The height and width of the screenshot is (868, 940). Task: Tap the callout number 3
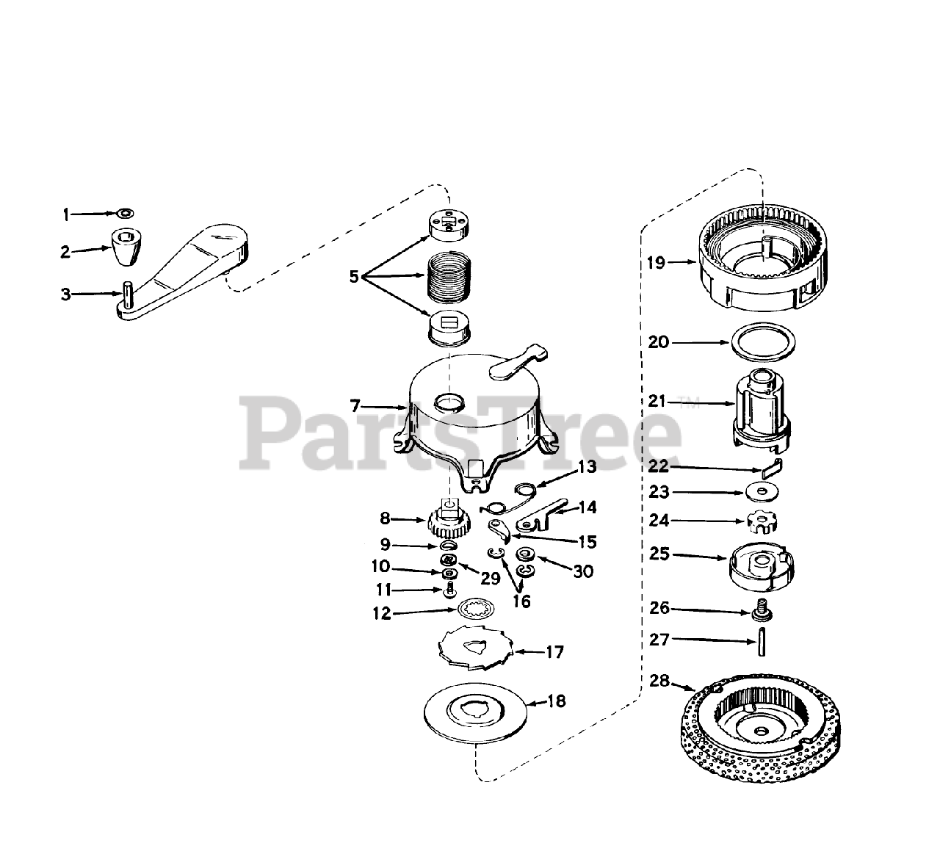pos(66,295)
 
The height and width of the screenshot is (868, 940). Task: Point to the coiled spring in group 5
pos(448,275)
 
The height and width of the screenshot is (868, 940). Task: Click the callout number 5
pos(355,277)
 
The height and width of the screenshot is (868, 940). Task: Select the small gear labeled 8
pos(444,522)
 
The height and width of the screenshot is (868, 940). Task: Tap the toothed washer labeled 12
pos(473,609)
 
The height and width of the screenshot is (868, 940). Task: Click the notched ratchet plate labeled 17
pos(475,649)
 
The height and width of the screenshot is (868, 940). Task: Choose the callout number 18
pos(557,701)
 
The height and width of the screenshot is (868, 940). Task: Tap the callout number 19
pos(656,262)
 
